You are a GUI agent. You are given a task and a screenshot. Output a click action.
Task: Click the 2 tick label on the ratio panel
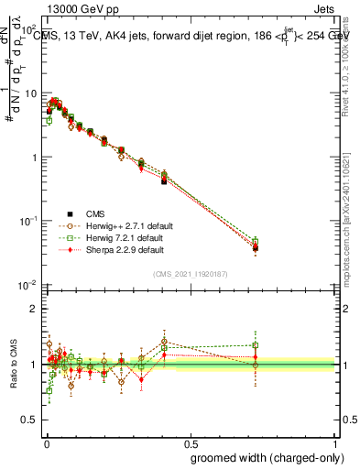click(35, 309)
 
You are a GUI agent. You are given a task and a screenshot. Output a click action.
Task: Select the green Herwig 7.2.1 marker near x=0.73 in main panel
click(256, 242)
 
